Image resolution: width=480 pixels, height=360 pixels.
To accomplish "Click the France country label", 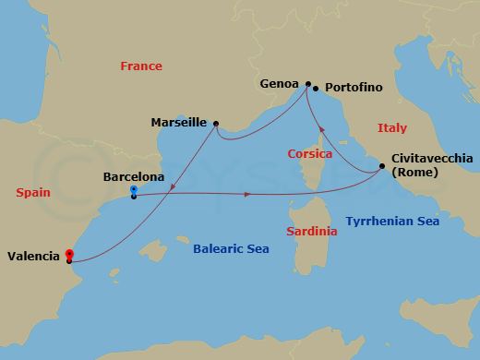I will pos(141,66).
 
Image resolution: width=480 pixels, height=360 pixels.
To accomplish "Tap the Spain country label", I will pos(33,192).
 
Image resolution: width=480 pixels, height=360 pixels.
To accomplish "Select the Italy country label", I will pos(391,128).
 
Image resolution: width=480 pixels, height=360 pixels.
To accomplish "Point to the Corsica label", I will pos(309,154).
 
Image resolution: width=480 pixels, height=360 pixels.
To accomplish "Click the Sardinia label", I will pos(312,231).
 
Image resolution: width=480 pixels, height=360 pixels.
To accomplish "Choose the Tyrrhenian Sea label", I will pos(391,222).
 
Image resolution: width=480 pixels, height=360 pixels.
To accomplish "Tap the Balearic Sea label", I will pos(230,248).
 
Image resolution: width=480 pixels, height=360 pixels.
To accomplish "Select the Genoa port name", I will pos(280,82).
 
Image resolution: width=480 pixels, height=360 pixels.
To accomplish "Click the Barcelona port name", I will pos(135,176).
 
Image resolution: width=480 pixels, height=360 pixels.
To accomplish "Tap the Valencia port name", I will pos(34,257).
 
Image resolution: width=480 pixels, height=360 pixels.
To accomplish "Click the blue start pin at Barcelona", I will pos(134,190).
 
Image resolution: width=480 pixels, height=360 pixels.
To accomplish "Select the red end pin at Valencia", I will pos(68,255).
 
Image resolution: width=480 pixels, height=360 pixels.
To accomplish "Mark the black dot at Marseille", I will pos(215,123).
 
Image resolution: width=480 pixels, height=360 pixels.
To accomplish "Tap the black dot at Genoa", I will pos(308,82).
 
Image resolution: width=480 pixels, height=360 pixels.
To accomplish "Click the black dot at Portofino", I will pos(316,89).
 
